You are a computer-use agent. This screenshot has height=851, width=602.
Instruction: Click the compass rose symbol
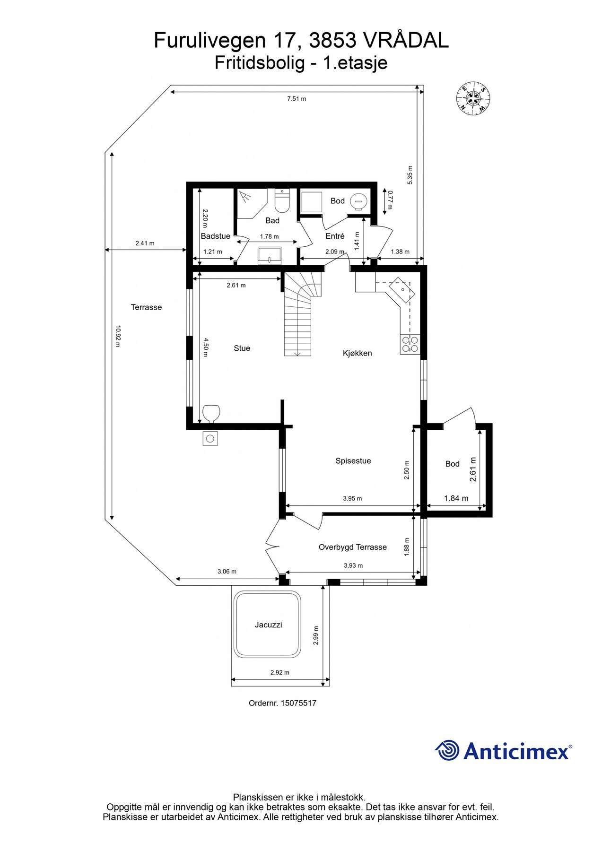[472, 98]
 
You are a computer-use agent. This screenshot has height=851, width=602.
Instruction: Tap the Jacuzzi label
[268, 625]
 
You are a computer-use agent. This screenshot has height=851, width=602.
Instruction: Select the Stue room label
[242, 348]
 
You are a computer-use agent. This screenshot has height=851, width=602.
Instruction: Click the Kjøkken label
[357, 353]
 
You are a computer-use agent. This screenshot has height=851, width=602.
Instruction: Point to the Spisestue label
[353, 461]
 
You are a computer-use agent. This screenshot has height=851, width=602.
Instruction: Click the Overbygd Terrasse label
[352, 547]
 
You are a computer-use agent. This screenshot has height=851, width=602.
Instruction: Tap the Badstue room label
[215, 236]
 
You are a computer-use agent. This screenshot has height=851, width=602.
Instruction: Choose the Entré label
[335, 236]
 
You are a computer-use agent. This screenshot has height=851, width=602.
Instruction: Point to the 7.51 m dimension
[297, 99]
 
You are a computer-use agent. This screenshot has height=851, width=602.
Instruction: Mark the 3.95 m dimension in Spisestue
[352, 498]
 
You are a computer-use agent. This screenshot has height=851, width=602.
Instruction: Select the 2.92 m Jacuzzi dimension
[279, 672]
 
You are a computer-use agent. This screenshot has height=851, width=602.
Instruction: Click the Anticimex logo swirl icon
[447, 750]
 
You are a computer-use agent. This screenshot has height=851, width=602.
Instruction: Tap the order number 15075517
[298, 703]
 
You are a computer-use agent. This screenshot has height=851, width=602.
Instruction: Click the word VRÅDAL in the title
[405, 41]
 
